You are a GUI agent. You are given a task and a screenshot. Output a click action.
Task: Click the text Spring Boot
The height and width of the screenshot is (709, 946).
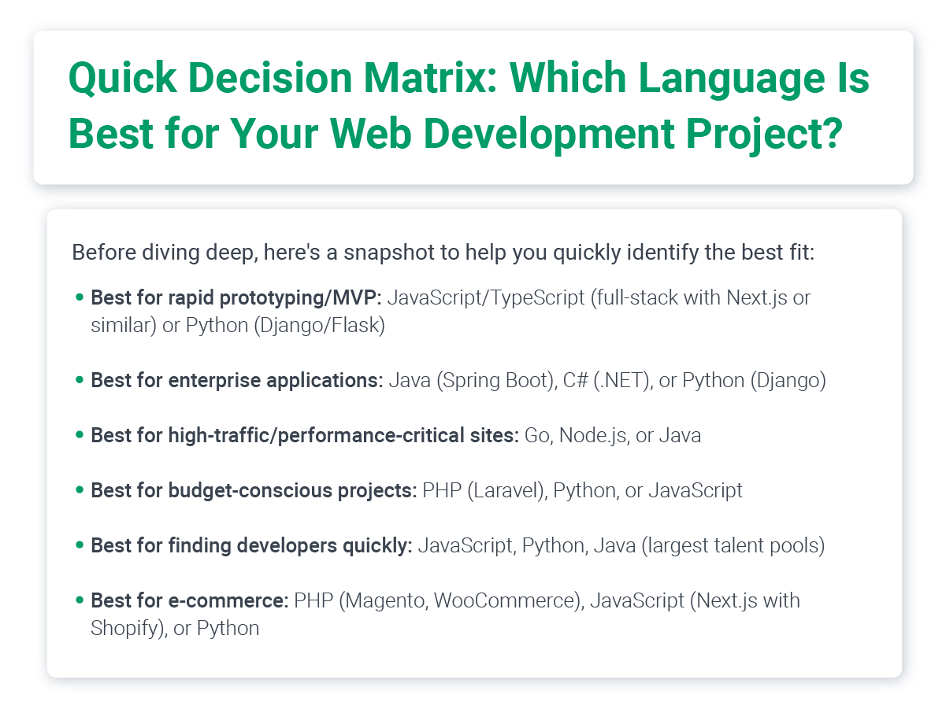(x=495, y=380)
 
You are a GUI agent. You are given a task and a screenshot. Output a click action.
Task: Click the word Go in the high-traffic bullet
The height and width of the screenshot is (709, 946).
(x=537, y=435)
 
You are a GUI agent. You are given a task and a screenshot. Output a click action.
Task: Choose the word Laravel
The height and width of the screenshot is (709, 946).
(x=502, y=490)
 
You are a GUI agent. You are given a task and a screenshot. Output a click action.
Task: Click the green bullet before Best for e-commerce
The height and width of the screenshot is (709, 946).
(x=80, y=600)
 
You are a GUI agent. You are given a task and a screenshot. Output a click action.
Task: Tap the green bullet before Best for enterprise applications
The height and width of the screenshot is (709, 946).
(x=80, y=380)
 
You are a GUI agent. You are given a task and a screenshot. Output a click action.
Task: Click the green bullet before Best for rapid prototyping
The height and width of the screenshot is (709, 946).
(x=80, y=298)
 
